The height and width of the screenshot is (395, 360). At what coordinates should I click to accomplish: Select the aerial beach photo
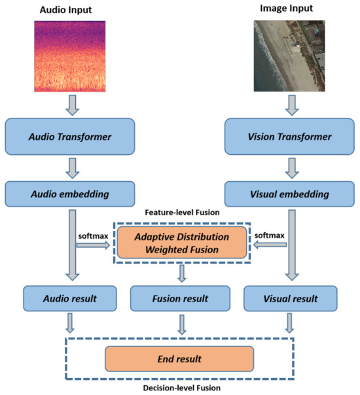pyautogui.click(x=289, y=55)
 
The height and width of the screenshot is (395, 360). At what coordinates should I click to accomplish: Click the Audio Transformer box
pyautogui.click(x=70, y=137)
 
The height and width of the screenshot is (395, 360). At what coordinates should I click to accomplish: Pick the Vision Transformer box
pyautogui.click(x=289, y=137)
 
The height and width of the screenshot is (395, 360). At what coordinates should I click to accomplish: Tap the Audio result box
pyautogui.click(x=70, y=298)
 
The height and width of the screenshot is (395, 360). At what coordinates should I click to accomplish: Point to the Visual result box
pyautogui.click(x=289, y=298)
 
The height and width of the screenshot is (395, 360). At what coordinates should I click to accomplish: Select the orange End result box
pyautogui.click(x=179, y=359)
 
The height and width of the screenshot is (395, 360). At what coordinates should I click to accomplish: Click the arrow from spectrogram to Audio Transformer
pyautogui.click(x=70, y=103)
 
